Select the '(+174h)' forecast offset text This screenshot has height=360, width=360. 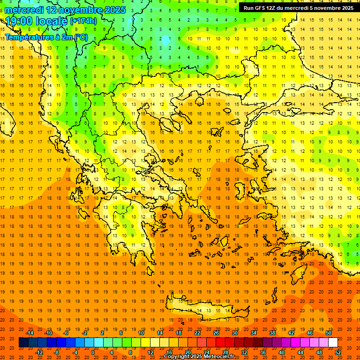pyautogui.click(x=83, y=22)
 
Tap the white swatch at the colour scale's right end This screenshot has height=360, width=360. pyautogui.click(x=333, y=343)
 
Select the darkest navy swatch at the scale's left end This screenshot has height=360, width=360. pyautogui.click(x=23, y=343)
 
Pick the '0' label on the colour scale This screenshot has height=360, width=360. pyautogui.click(x=92, y=352)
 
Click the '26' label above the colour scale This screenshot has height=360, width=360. pyautogui.click(x=216, y=333)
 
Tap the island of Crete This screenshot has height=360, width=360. pyautogui.click(x=206, y=312)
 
